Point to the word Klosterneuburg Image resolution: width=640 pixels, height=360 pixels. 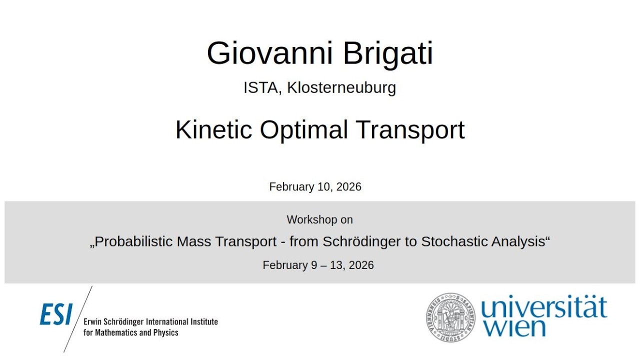341,87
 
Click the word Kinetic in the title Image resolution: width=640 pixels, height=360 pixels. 213,130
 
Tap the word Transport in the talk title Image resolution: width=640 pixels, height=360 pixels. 410,130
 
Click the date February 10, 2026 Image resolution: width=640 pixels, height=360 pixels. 315,187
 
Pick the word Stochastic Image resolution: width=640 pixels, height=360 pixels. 453,241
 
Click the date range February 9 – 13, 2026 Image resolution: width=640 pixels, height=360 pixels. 318,265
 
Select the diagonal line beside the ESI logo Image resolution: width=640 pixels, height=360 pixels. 78,319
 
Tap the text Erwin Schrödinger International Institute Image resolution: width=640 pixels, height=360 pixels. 150,322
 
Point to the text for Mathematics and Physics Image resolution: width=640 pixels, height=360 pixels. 131,332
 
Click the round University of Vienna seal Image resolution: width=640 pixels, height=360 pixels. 450,316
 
